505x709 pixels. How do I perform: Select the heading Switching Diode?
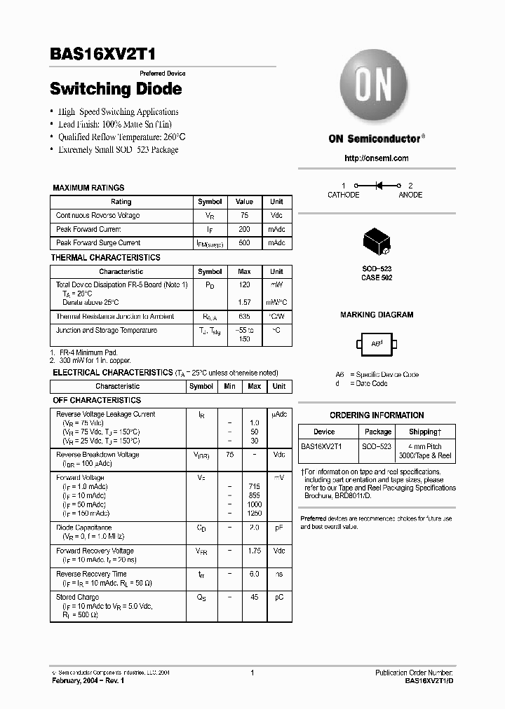tap(116, 89)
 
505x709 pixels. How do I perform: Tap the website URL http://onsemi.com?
tap(376, 158)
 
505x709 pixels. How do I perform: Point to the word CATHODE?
tap(343, 195)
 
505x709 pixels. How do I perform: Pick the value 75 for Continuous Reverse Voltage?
tap(244, 216)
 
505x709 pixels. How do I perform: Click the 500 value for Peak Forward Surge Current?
tap(244, 243)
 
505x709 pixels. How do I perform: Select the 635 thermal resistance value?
tap(244, 317)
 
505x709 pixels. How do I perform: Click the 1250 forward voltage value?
tap(254, 514)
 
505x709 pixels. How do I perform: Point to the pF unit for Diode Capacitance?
tap(278, 528)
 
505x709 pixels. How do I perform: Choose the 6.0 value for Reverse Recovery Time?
tap(254, 574)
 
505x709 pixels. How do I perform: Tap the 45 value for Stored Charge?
tap(254, 598)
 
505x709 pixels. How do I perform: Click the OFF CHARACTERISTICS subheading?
tap(97, 401)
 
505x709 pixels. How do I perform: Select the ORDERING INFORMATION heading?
tap(377, 415)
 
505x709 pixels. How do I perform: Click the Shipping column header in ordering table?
tap(425, 432)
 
